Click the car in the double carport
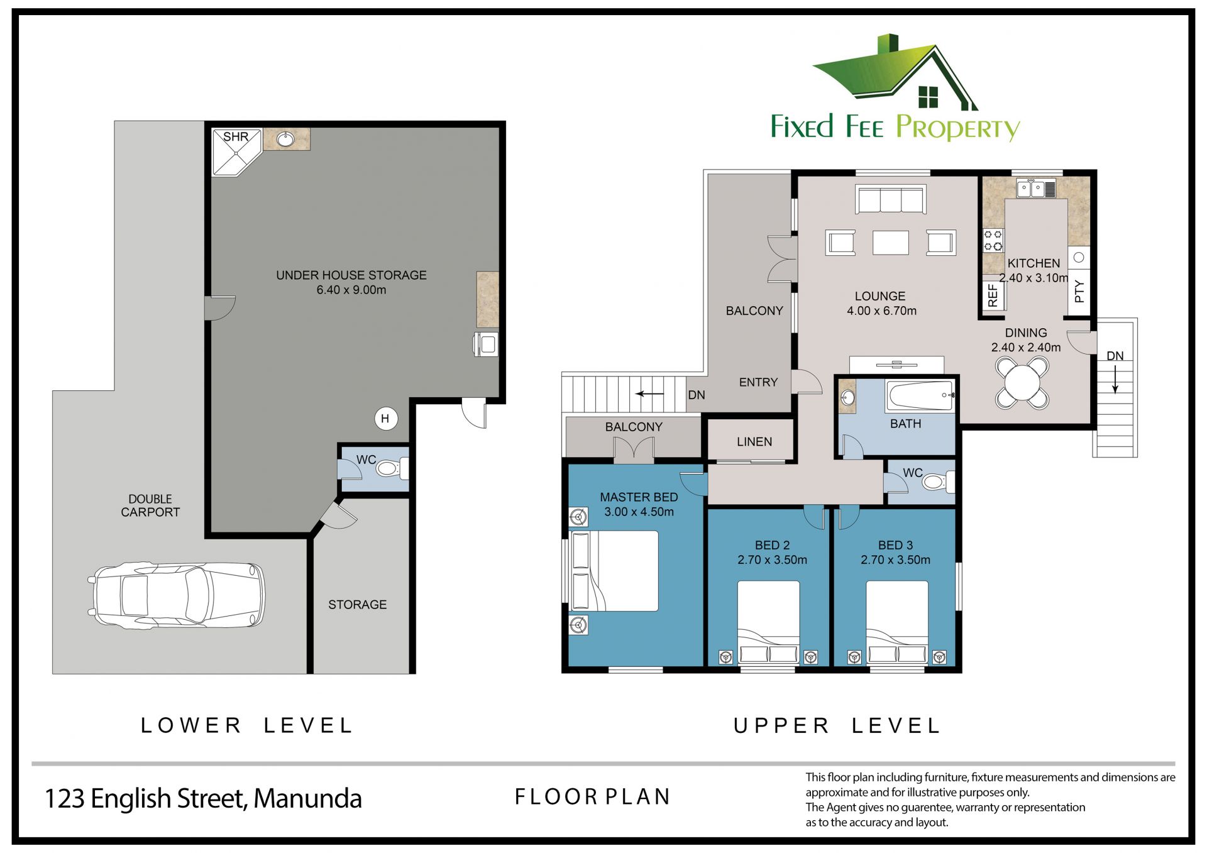(176, 595)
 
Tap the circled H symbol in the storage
(386, 419)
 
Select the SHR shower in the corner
(236, 152)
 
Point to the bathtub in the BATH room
(920, 395)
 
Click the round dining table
(1022, 383)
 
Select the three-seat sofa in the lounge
(891, 199)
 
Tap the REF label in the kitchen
(993, 295)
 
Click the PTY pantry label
(1079, 292)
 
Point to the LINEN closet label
(754, 442)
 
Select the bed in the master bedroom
(614, 571)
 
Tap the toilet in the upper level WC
(939, 482)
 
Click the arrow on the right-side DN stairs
(1115, 380)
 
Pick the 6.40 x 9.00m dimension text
(351, 290)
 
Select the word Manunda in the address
(307, 798)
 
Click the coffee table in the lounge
(891, 243)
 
